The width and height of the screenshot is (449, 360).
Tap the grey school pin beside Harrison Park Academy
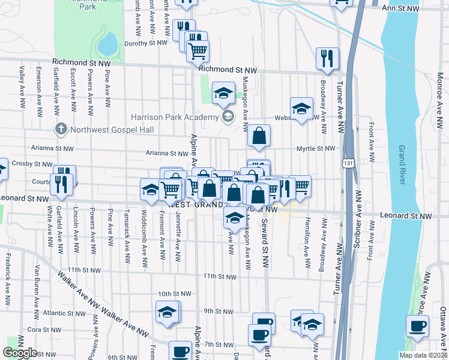coord(228,116)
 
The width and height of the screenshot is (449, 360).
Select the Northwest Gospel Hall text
coord(112,129)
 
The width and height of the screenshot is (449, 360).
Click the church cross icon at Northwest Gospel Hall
coord(60,129)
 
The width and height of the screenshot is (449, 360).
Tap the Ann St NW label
coord(402,8)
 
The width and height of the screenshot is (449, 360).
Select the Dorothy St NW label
coord(145,43)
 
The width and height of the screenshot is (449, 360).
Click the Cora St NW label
coord(42,329)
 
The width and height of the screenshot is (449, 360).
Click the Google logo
coord(20,352)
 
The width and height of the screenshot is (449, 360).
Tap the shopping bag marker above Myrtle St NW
coord(259,136)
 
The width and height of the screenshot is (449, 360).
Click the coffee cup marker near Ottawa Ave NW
coord(417,326)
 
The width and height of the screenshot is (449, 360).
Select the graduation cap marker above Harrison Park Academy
coord(223,93)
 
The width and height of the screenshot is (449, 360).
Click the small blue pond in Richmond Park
coord(107,43)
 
